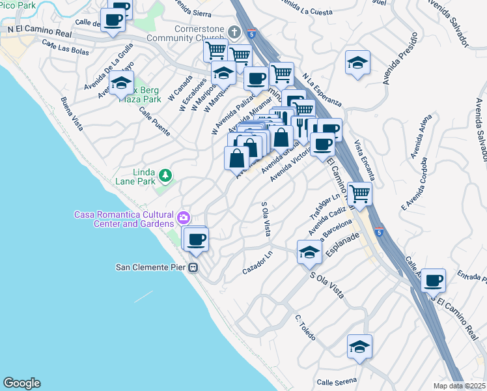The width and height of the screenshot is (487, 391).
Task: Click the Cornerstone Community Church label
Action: (x=199, y=34)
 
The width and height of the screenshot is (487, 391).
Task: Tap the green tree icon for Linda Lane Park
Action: (x=166, y=175)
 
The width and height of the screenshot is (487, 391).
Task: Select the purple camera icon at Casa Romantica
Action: (x=184, y=217)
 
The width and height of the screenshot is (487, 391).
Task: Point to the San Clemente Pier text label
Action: (x=150, y=267)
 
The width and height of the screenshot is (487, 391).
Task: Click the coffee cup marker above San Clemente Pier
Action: (x=197, y=240)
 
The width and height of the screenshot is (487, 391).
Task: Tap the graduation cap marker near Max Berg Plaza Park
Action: (x=121, y=83)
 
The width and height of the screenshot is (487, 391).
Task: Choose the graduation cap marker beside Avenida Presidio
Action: (x=357, y=63)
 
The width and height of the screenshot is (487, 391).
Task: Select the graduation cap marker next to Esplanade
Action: (x=309, y=252)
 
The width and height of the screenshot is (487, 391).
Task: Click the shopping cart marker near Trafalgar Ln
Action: (x=359, y=193)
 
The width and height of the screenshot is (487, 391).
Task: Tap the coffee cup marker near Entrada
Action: (x=434, y=281)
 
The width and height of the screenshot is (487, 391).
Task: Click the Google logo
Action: (x=21, y=383)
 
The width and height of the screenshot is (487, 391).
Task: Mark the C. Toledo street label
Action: (x=305, y=328)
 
